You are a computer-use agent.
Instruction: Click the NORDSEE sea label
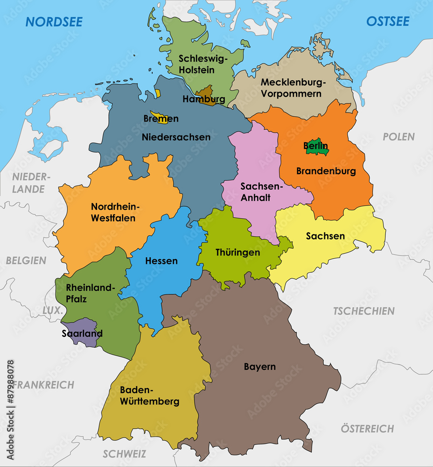click(54, 21)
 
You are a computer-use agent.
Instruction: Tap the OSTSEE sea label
click(388, 21)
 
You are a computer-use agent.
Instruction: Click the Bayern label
click(260, 367)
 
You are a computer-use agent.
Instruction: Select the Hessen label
click(161, 261)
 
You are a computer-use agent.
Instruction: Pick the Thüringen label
click(237, 253)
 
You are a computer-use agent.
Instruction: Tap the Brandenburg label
click(326, 171)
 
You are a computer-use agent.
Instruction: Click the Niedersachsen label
click(176, 137)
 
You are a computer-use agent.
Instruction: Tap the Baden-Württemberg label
click(149, 396)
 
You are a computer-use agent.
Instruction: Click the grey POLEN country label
click(398, 137)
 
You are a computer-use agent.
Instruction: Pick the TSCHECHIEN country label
click(363, 311)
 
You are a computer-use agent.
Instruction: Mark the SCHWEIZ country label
click(124, 454)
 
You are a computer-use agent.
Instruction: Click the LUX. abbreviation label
click(52, 311)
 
